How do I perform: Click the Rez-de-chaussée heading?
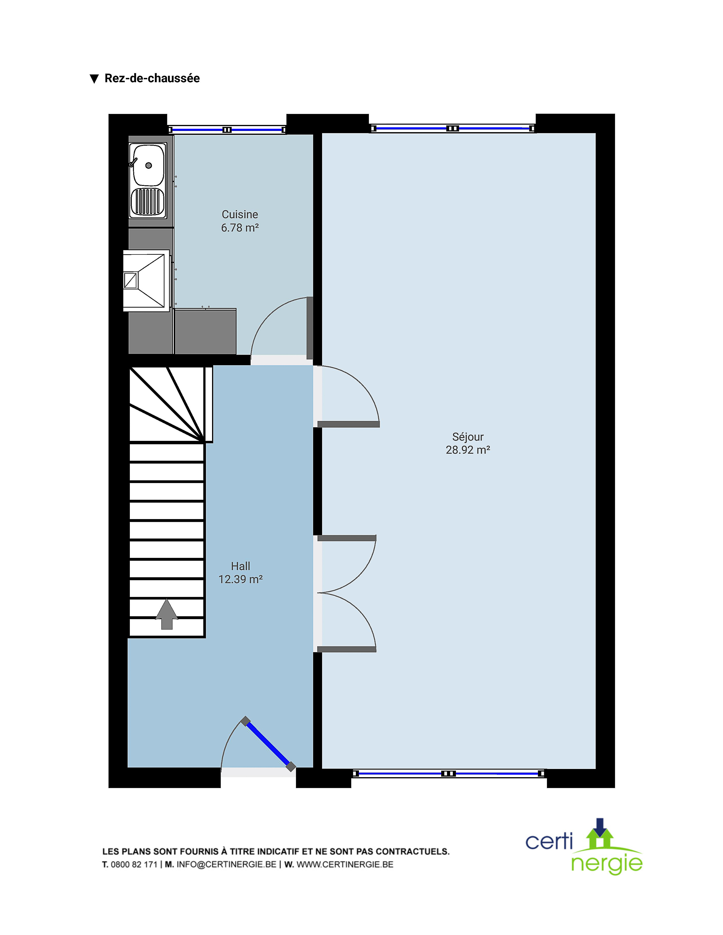152,78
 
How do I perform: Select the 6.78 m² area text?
240,228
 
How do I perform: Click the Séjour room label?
468,437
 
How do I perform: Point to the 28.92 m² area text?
468,450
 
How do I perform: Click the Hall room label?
240,566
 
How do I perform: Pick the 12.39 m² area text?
240,579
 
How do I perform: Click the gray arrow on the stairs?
167,614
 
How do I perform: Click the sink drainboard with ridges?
148,201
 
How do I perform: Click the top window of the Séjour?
452,128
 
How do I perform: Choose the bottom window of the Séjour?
449,773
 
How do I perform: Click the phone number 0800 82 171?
134,864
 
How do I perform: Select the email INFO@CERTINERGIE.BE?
226,864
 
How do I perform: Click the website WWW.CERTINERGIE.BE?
345,864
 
